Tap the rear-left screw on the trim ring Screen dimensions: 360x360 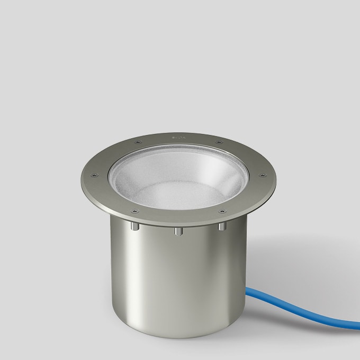(138, 142)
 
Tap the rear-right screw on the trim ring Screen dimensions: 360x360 (218, 141)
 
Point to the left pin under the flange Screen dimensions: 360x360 (135, 227)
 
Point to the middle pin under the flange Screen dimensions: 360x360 (178, 231)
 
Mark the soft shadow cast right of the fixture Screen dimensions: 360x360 (296, 254)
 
